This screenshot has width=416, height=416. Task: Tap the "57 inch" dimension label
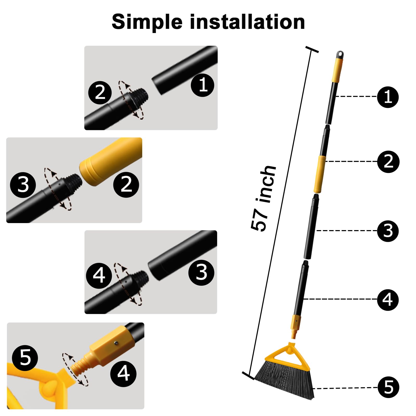[x=263, y=198]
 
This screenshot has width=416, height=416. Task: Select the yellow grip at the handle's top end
[x=338, y=70]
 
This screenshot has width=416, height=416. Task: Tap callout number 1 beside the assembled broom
[x=388, y=97]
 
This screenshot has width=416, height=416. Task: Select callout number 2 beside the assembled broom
[x=388, y=161]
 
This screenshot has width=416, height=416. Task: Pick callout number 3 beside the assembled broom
[x=388, y=231]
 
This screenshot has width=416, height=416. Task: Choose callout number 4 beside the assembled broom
[x=388, y=300]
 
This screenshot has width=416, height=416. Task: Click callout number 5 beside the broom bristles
[x=388, y=387]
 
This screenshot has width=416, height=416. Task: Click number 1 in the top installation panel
[x=203, y=85]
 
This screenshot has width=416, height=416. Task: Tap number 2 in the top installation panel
[x=100, y=93]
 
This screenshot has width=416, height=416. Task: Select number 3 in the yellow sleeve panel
[x=23, y=185]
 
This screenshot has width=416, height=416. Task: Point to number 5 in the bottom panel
[x=25, y=358]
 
